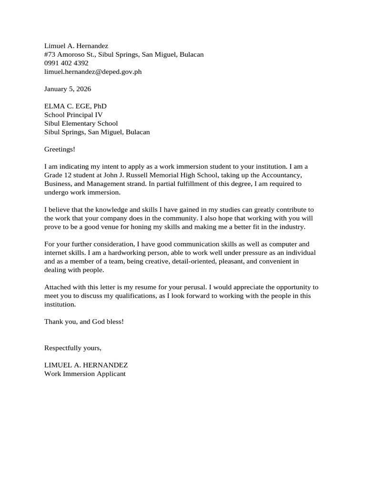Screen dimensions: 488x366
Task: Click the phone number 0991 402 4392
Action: (x=66, y=63)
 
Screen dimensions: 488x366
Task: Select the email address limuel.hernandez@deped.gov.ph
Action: (x=93, y=72)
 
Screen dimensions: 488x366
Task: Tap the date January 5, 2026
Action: (x=68, y=89)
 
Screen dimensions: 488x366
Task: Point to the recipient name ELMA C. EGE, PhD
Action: (x=75, y=106)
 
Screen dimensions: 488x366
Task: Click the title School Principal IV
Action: (x=73, y=115)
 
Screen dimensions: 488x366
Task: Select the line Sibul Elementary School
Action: (x=81, y=123)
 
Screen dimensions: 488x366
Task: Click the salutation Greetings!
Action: (x=60, y=149)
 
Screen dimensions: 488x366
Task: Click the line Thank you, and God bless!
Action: (x=84, y=321)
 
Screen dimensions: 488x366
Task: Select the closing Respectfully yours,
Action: (x=73, y=348)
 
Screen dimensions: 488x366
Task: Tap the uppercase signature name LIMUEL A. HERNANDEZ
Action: (x=86, y=365)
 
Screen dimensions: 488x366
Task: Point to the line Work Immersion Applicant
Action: (x=85, y=374)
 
